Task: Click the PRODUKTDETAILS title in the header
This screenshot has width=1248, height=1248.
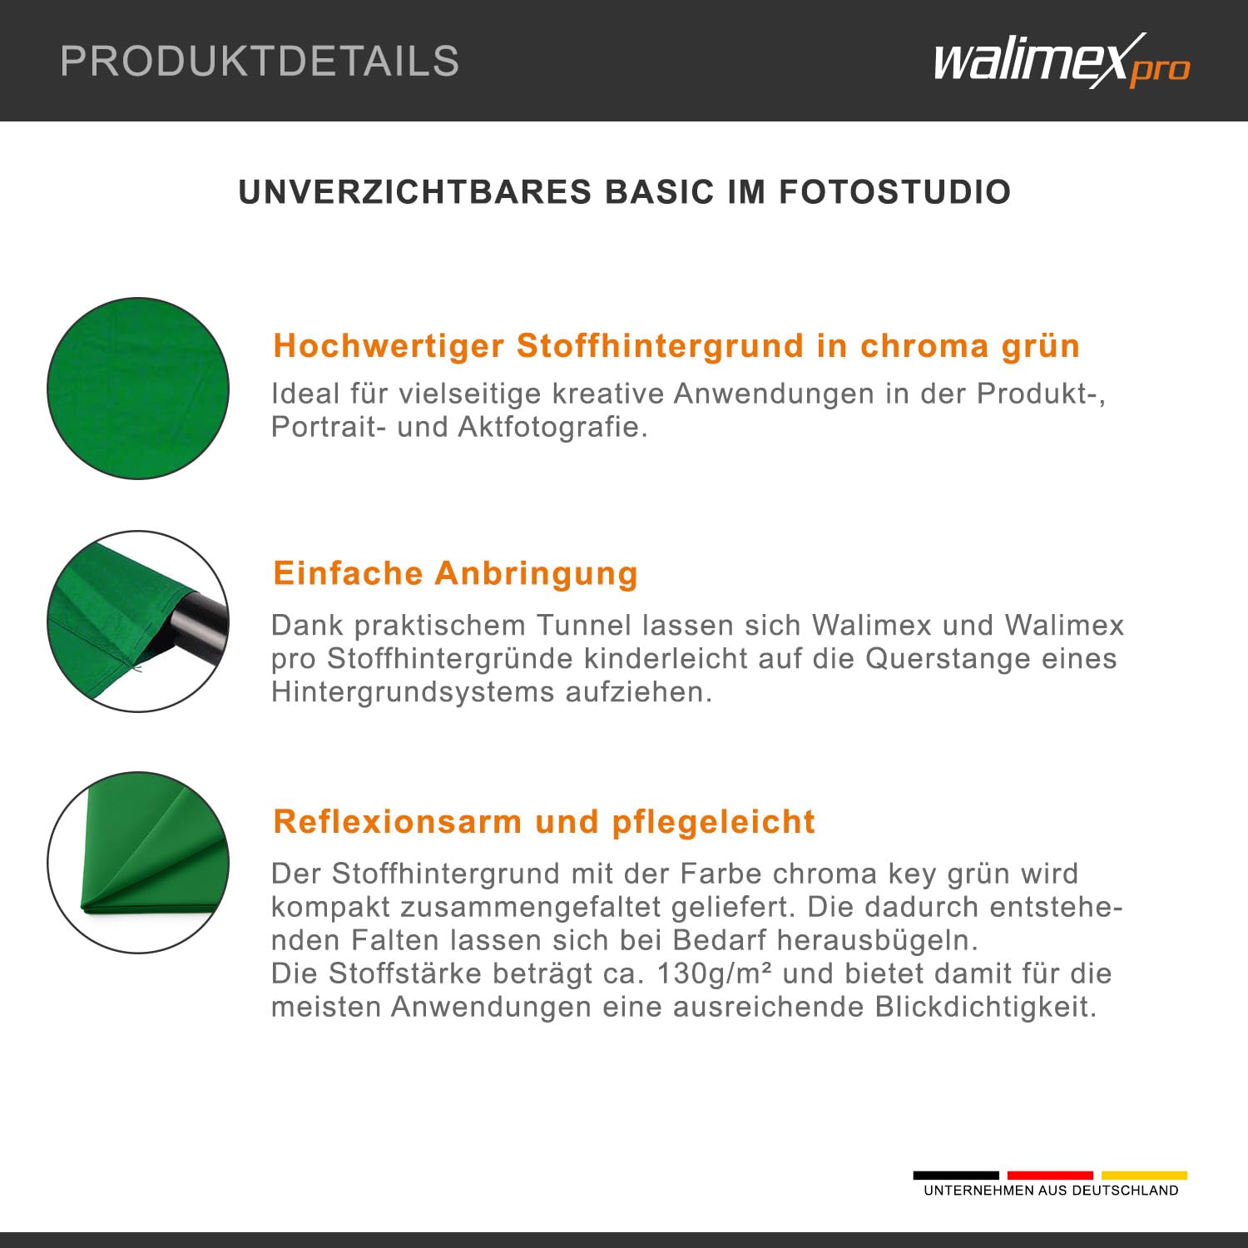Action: coord(260,61)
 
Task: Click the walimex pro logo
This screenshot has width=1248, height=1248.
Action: coord(1062,60)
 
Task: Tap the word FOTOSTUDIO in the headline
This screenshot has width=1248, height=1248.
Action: coord(895,192)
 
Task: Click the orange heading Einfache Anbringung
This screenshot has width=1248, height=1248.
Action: coord(456,573)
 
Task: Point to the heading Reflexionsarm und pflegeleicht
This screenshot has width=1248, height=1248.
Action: coord(544,821)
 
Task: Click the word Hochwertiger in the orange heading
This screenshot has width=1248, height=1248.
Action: coord(389,345)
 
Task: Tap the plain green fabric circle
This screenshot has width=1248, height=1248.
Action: coord(138,388)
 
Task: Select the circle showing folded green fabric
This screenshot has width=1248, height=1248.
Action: coord(138,863)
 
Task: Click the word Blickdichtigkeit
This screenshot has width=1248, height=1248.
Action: coord(985,1007)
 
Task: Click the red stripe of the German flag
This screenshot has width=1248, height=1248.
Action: coord(1050,1176)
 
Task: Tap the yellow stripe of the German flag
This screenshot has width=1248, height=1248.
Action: coord(1144,1176)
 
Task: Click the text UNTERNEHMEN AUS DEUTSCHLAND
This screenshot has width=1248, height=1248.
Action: coord(1051,1191)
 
